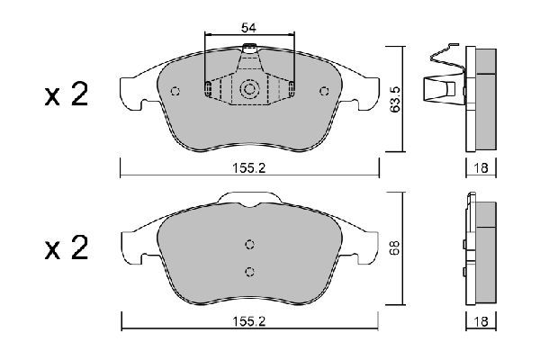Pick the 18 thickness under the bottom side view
click(x=481, y=319)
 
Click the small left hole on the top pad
click(x=175, y=90)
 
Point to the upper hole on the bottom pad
click(x=250, y=244)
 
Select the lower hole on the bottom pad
click(x=250, y=271)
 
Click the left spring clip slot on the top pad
click(x=209, y=88)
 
